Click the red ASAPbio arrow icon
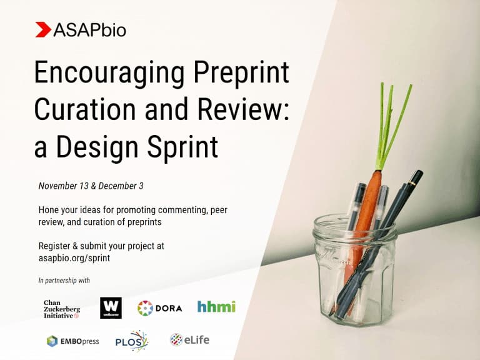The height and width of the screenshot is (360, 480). coord(43,29)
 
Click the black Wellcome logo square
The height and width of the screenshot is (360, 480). coord(111,307)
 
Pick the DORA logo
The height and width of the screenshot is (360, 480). coord(159,307)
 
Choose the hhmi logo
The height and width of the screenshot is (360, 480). coord(216,307)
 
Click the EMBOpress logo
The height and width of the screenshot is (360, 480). coord(72,341)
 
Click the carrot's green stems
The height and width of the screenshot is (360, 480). coord(389,125)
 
